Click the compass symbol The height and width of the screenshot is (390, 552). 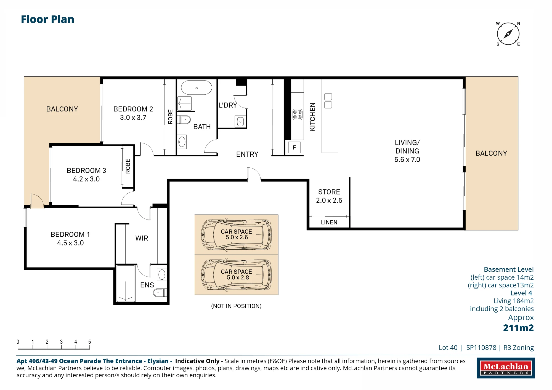tap(508, 34)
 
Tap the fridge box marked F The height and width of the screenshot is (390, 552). tap(294, 148)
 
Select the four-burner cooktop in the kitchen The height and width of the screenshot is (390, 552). tap(297, 114)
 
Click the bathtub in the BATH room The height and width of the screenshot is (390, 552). tap(197, 88)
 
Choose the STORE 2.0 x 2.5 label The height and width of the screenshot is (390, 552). tap(329, 196)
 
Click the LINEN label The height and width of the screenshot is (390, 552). tap(329, 222)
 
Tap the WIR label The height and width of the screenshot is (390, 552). tap(142, 238)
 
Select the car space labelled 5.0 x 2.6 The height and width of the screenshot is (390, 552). tap(236, 235)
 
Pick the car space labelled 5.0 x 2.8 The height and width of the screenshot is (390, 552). tap(236, 275)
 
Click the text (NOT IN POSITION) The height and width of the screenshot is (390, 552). tap(236, 306)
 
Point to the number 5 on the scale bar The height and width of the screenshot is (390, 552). tap(89, 342)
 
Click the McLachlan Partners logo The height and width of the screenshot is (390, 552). tap(506, 368)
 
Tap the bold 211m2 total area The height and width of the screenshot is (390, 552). tap(518, 328)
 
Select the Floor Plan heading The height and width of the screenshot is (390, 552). tap(47, 19)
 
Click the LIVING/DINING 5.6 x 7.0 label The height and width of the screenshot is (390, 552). tap(407, 151)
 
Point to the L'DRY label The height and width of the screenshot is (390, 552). tap(228, 105)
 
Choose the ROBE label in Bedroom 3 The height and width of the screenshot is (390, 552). tap(128, 166)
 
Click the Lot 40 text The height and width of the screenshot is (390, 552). tap(448, 348)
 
